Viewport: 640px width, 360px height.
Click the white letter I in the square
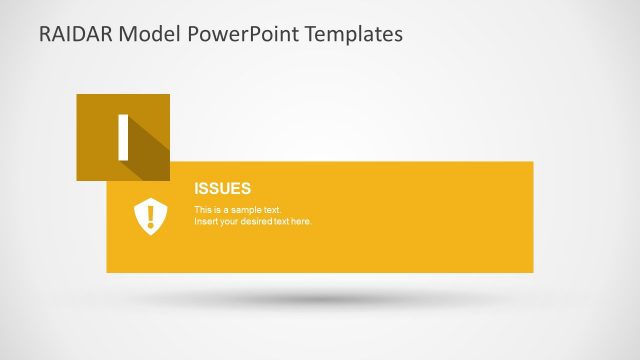[123, 137]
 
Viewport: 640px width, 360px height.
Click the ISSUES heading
[222, 188]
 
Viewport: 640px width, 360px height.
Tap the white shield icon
[150, 216]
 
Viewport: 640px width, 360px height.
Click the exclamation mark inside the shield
[150, 214]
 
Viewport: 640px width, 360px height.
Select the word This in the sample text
[202, 209]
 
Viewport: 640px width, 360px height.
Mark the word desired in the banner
[256, 221]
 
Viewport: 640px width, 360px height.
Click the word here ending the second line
[301, 221]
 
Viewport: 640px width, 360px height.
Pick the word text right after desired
[281, 221]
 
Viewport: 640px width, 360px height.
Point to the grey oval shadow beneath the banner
[320, 298]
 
